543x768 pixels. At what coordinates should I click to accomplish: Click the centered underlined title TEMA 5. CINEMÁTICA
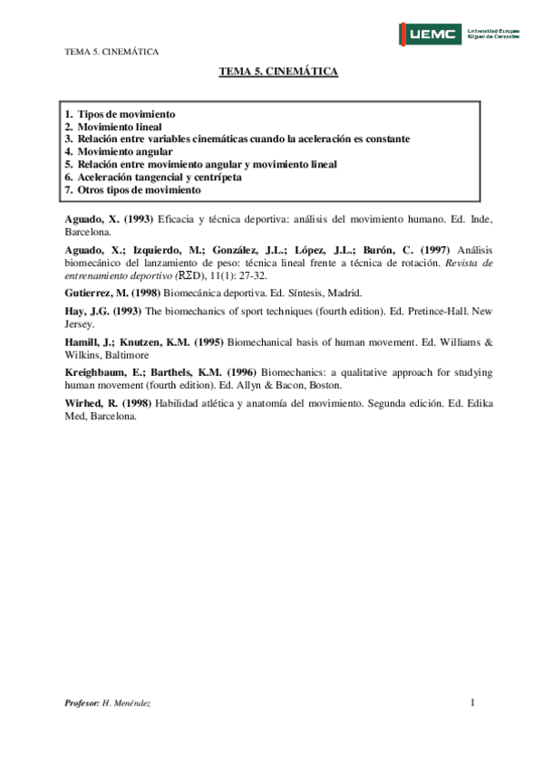(x=278, y=72)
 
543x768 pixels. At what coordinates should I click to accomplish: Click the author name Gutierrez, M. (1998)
(x=112, y=293)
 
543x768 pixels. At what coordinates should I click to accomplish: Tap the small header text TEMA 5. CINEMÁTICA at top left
(x=112, y=52)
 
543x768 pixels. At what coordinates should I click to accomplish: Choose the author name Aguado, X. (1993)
(x=109, y=219)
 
